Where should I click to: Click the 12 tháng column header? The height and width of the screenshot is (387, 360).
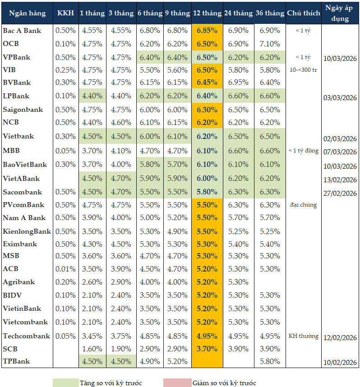pyautogui.click(x=207, y=13)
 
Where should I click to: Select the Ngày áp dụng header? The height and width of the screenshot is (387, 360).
pyautogui.click(x=340, y=13)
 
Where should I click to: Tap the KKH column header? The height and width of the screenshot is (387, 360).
pyautogui.click(x=65, y=13)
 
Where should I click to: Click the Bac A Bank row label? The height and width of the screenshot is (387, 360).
pyautogui.click(x=22, y=30)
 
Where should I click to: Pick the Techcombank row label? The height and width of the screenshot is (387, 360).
pyautogui.click(x=26, y=336)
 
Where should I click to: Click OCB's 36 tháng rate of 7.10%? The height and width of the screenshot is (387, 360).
pyautogui.click(x=270, y=44)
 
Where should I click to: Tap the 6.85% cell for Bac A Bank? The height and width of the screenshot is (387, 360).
pyautogui.click(x=207, y=30)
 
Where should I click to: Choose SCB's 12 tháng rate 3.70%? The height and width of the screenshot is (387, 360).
pyautogui.click(x=207, y=349)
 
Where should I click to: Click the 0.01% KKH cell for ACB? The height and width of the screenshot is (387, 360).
pyautogui.click(x=65, y=269)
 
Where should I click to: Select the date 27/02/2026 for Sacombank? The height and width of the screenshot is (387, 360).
pyautogui.click(x=340, y=193)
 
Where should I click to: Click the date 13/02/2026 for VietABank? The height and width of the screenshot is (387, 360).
pyautogui.click(x=340, y=180)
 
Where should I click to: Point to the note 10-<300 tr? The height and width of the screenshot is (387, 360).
pyautogui.click(x=303, y=70)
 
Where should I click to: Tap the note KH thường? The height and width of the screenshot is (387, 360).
pyautogui.click(x=303, y=336)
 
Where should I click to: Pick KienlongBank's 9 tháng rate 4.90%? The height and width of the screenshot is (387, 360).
pyautogui.click(x=177, y=231)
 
